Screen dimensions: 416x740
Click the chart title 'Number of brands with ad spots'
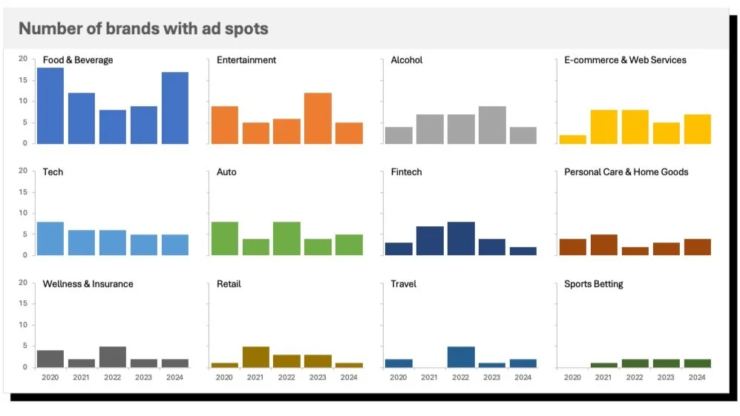coord(143,29)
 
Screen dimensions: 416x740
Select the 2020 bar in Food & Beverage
coord(50,105)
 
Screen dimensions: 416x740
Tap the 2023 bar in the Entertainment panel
coord(318,119)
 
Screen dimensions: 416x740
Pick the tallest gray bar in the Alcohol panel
coord(491,125)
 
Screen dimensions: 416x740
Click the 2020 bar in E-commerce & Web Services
coord(572,139)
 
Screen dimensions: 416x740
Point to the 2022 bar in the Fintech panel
coord(460,238)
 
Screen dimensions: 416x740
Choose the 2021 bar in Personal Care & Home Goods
coord(603,245)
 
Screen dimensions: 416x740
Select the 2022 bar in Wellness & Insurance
coord(113,357)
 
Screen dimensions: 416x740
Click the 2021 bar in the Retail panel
coord(255,357)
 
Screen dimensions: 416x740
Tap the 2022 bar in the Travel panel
coord(460,357)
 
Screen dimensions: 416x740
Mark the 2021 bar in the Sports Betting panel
coord(603,365)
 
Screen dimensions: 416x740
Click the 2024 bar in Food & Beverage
coord(175,108)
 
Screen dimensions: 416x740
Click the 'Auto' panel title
coord(226,172)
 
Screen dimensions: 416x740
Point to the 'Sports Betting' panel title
coord(593,284)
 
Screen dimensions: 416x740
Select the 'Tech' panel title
coord(53,172)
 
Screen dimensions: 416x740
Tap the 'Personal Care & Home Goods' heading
coord(626,172)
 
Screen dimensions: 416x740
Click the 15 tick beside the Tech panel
coord(22,192)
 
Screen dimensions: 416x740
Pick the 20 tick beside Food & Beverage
coord(22,59)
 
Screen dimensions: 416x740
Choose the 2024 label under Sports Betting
coord(697,377)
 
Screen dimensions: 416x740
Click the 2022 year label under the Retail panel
coord(286,377)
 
